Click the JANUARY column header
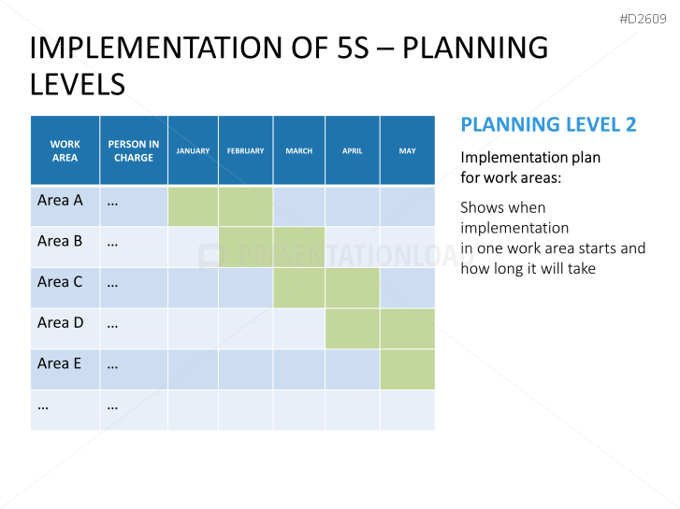[193, 150]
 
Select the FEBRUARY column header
[245, 150]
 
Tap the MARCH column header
[298, 150]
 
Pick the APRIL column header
[352, 150]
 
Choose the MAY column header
[407, 150]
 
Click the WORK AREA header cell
[65, 150]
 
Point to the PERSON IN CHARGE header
[134, 150]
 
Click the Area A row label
[60, 200]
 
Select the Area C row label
[60, 281]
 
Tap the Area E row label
[59, 363]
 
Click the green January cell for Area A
[193, 206]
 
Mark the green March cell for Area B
[298, 247]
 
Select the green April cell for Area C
[352, 288]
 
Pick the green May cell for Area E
[407, 369]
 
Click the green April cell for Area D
[352, 329]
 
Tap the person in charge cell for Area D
[134, 329]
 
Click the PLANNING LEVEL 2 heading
[548, 125]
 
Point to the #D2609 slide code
[643, 19]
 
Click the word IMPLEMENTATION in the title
[156, 48]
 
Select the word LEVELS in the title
[78, 84]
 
